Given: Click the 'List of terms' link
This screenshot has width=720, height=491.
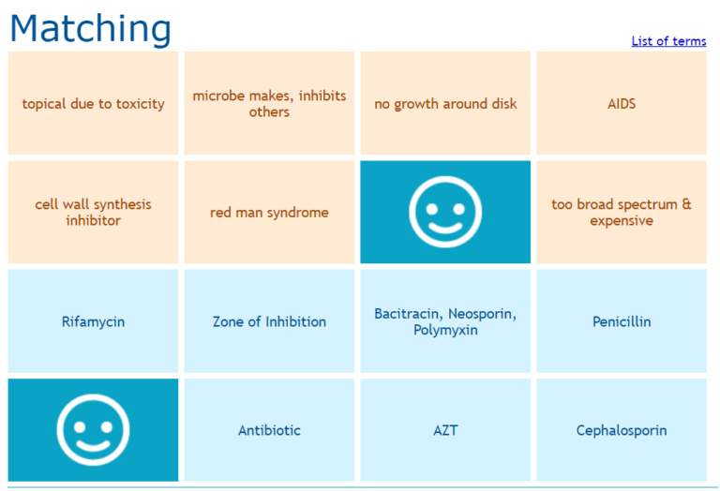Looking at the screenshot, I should [x=668, y=41].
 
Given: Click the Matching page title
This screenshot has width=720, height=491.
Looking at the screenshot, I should [x=91, y=28].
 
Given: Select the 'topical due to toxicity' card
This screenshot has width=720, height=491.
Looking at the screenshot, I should [x=93, y=104].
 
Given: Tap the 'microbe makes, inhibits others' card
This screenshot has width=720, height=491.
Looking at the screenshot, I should [x=269, y=104].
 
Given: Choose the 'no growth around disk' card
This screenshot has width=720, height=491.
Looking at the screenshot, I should [x=445, y=104].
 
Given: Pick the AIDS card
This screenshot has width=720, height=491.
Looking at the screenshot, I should [x=622, y=104].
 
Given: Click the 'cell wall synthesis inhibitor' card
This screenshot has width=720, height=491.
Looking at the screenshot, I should [x=93, y=213].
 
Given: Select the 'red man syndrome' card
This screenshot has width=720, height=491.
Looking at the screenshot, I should [x=269, y=213].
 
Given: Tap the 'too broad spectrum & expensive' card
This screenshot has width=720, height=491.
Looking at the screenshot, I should [x=622, y=213].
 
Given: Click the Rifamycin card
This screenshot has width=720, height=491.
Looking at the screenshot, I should [x=93, y=321].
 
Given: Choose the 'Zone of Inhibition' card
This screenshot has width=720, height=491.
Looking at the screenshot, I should [x=269, y=321].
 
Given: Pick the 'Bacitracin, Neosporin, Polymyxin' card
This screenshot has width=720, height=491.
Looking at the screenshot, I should [x=445, y=321].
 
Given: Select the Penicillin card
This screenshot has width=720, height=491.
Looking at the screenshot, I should [x=622, y=321].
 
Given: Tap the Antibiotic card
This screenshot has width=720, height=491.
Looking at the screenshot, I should [x=269, y=431].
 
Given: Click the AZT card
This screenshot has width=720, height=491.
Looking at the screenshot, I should [x=445, y=431].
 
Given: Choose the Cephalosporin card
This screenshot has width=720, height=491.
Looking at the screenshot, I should [x=622, y=431].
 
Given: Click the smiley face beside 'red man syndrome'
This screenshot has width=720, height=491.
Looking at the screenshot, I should [x=445, y=213].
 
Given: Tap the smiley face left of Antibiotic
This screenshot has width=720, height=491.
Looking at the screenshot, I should [x=93, y=431].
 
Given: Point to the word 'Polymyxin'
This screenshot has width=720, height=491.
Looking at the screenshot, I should [x=445, y=330].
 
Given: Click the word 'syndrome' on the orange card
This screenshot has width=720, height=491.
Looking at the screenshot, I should [x=297, y=213].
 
